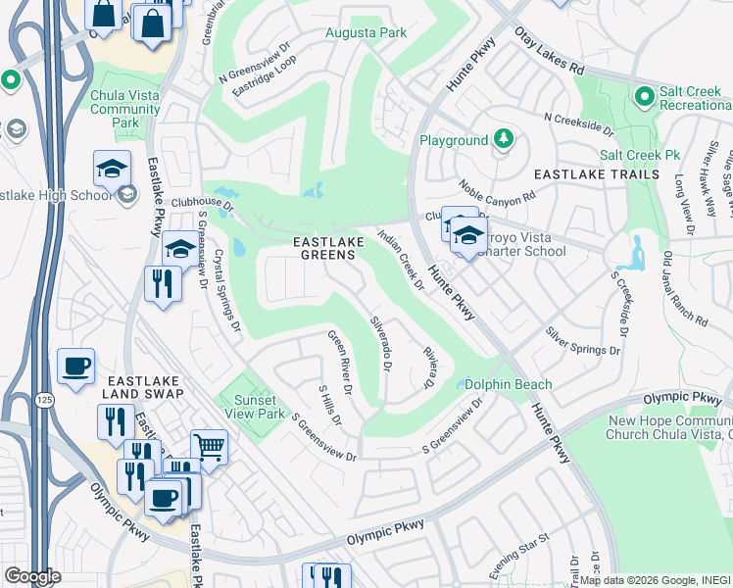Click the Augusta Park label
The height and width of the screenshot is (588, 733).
(x=366, y=33)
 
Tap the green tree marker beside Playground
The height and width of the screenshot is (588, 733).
(x=504, y=139)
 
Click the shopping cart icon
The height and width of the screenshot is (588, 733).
(x=209, y=447)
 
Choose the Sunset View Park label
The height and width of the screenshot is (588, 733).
(x=247, y=407)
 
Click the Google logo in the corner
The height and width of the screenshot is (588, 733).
(x=33, y=576)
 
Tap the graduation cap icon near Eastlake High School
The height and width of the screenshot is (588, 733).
(x=112, y=168)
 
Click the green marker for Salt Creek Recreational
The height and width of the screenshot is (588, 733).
(x=644, y=96)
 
